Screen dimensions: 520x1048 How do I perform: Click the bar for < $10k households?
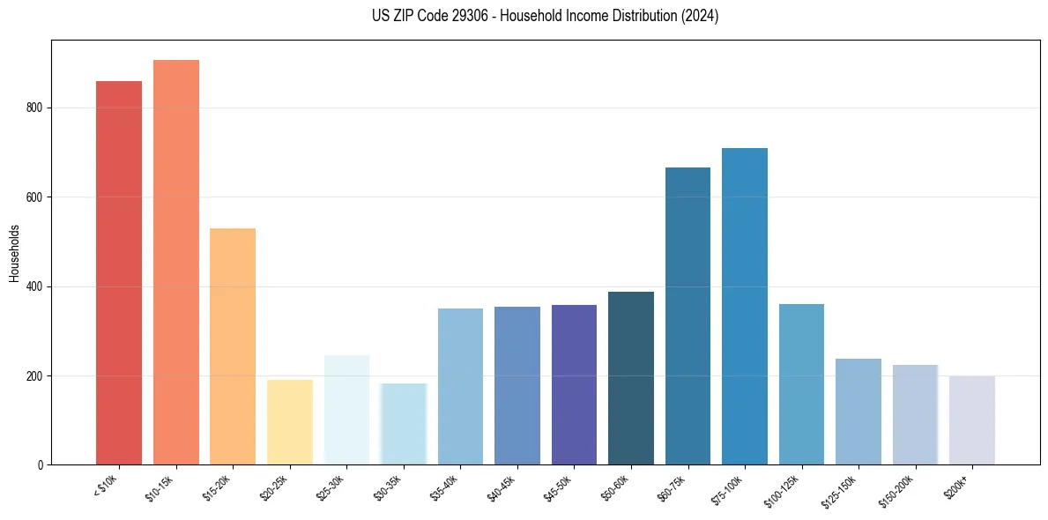[x=119, y=273]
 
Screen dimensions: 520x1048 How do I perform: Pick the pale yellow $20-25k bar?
[x=289, y=422]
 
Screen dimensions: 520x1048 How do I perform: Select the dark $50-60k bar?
[x=631, y=378]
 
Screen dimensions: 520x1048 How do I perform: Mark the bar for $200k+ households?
[x=972, y=420]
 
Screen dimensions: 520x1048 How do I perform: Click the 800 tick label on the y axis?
[x=34, y=108]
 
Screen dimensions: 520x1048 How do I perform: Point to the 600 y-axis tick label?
[x=34, y=197]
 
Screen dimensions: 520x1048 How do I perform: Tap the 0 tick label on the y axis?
[x=40, y=464]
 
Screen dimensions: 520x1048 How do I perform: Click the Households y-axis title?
[x=14, y=252]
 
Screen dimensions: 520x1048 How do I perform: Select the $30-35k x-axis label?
[x=387, y=484]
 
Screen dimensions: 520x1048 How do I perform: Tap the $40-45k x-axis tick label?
[x=501, y=484]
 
